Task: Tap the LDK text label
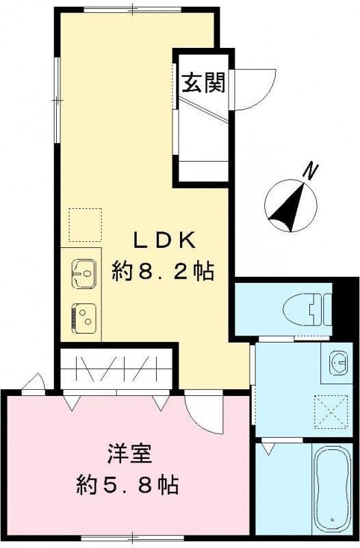coord(164,240)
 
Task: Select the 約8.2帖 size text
coord(164,272)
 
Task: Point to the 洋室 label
coord(129,453)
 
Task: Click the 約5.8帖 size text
coord(127,486)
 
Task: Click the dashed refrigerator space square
coord(85,225)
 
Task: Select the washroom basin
coord(337,363)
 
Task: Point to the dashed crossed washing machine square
coord(331,412)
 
